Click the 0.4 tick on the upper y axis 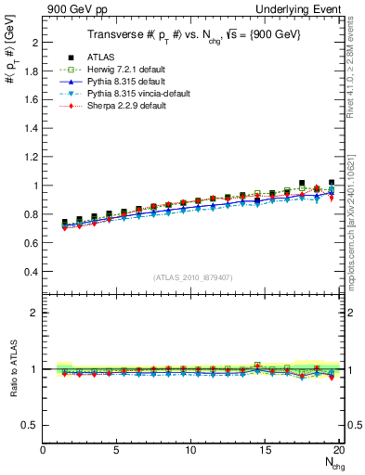point(33,272)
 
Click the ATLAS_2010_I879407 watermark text point(190,277)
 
